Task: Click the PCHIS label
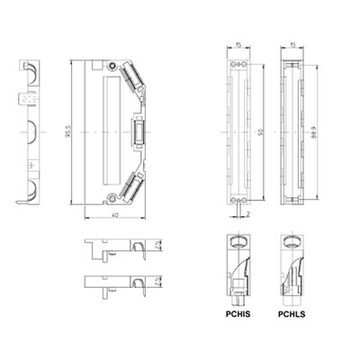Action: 238,315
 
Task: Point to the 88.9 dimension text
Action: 311,135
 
